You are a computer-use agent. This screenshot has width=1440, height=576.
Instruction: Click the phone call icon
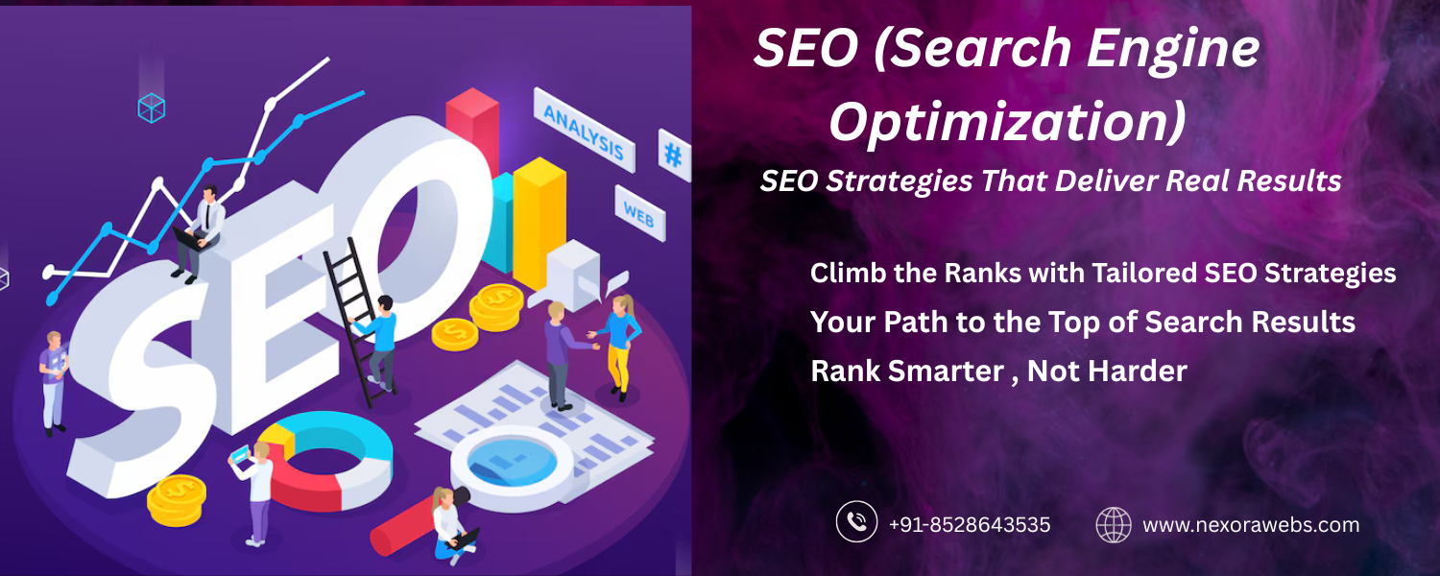coord(856,521)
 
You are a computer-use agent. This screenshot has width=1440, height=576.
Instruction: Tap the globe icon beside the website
coord(1114,524)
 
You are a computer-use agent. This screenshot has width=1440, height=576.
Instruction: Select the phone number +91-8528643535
coord(970,524)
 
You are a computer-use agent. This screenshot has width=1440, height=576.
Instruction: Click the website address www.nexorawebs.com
coord(1251,524)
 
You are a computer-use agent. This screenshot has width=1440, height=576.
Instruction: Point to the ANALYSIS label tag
coord(584,131)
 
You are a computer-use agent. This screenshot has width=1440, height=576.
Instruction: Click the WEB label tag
coord(639,214)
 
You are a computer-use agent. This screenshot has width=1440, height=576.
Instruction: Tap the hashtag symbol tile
coord(673,155)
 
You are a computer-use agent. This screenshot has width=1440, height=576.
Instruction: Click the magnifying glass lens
coord(512,462)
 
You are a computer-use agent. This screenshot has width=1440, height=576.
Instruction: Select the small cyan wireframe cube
coord(152,108)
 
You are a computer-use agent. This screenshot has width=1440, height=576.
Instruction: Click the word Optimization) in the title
coord(1007,122)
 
